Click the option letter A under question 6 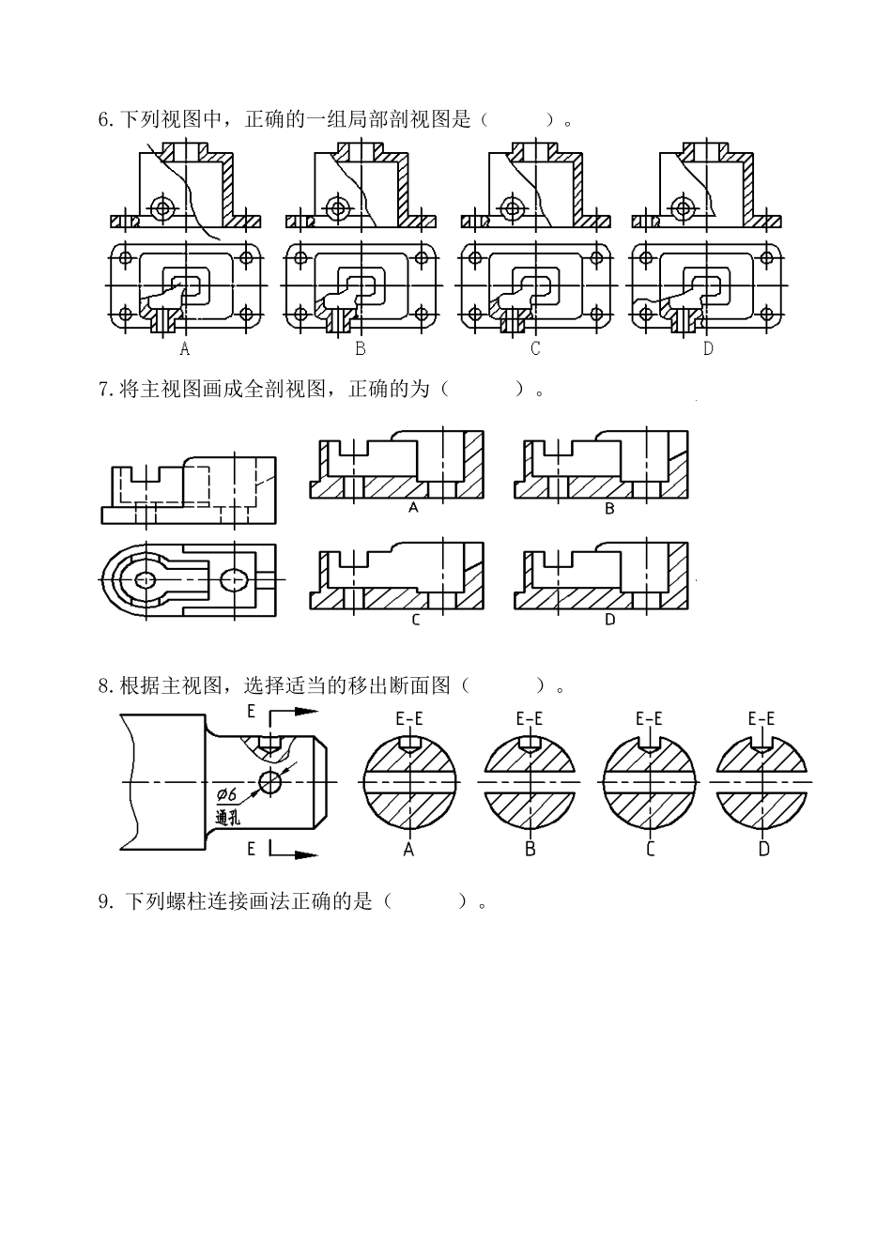184,348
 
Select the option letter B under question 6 360,348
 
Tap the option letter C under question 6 535,348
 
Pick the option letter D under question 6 708,348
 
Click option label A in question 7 412,508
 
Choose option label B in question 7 609,509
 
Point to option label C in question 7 415,621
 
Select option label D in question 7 609,621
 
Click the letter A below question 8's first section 408,849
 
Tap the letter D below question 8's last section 763,849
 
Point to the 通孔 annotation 228,817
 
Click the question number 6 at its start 104,120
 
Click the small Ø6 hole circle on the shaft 272,781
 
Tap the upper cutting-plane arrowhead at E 307,712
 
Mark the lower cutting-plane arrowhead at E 307,853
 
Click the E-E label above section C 649,719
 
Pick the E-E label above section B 530,719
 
